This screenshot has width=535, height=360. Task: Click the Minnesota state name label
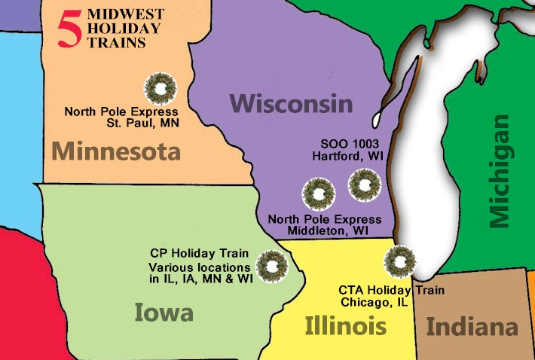pyautogui.click(x=116, y=152)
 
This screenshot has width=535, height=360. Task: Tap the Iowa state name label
pyautogui.click(x=164, y=312)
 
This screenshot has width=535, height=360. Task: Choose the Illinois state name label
pyautogui.click(x=346, y=326)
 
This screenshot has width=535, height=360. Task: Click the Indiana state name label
pyautogui.click(x=472, y=328)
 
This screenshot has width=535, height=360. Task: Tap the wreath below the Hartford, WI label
pyautogui.click(x=364, y=183)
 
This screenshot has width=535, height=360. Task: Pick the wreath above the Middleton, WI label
pyautogui.click(x=317, y=193)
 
